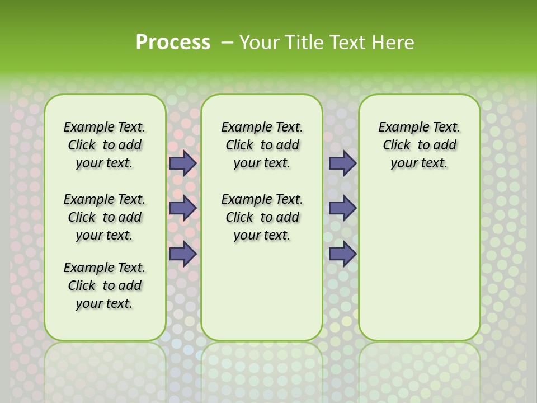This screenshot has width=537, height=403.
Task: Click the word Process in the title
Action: (173, 42)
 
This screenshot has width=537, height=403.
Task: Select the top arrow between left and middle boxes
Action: (183, 163)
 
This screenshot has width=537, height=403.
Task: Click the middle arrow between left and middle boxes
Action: (183, 208)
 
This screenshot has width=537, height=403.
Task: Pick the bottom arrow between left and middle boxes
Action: (183, 254)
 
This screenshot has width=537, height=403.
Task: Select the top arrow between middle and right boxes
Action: (342, 163)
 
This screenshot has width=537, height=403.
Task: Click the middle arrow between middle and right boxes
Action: (342, 208)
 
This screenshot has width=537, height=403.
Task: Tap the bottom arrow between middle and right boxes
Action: (342, 254)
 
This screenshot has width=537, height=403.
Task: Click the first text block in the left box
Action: (105, 145)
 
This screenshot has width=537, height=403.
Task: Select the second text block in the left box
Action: (105, 217)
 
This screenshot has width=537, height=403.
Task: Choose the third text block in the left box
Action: (105, 285)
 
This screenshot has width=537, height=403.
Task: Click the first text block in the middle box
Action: (262, 145)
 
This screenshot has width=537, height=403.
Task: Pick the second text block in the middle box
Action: (262, 217)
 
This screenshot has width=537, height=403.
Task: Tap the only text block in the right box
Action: (419, 145)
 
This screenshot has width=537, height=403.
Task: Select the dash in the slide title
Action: (228, 43)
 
